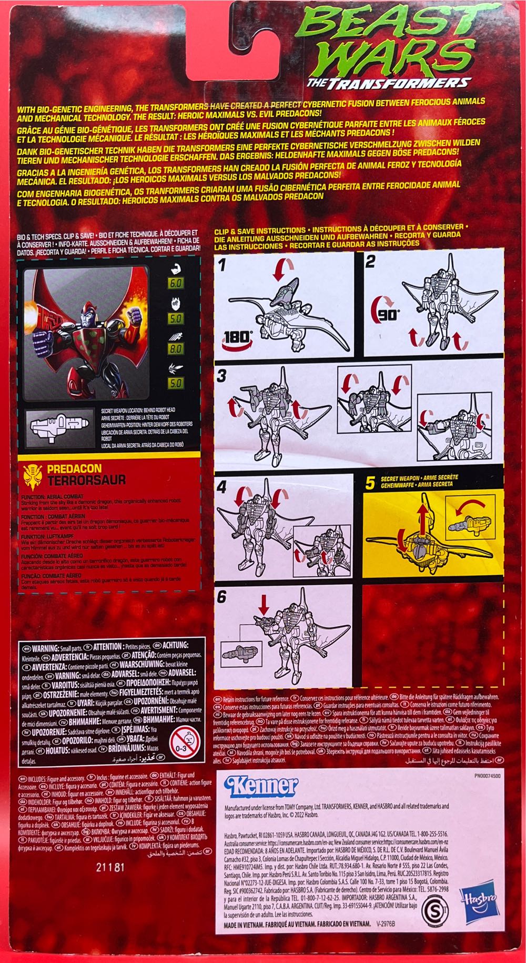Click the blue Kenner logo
(x=261, y=786)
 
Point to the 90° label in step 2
(x=387, y=315)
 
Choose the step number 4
(x=222, y=486)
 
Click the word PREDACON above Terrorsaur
(x=67, y=468)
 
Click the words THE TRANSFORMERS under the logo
(x=388, y=82)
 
